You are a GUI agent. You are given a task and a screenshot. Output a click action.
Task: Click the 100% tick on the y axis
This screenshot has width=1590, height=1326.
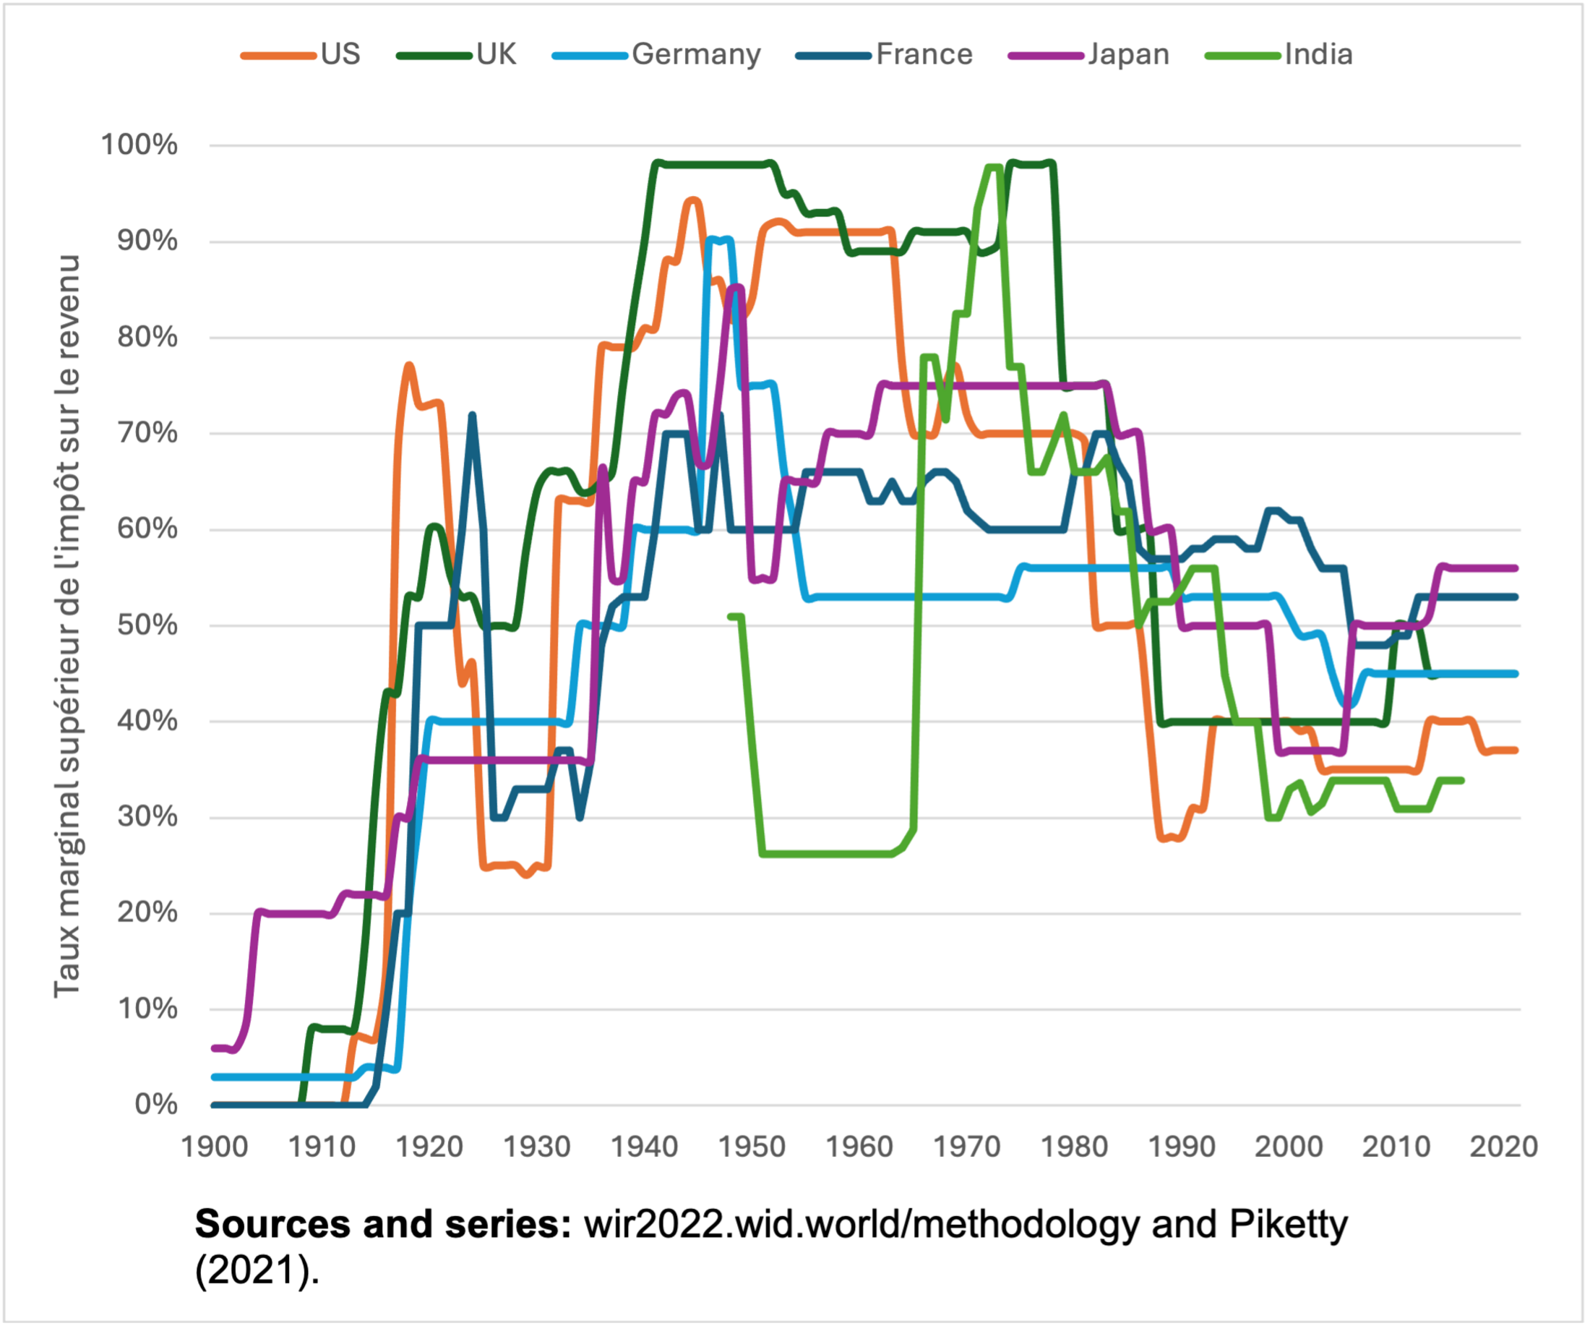click(x=140, y=145)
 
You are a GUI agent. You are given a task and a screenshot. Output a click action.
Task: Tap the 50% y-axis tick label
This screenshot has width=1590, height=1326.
click(x=147, y=625)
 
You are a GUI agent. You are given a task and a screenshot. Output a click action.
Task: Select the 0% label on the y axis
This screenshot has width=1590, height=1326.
click(x=156, y=1105)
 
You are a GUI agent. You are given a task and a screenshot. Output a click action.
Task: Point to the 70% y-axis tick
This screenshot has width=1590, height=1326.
click(x=147, y=433)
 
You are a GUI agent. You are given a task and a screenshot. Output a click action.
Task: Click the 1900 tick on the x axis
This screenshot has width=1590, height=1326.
click(x=214, y=1147)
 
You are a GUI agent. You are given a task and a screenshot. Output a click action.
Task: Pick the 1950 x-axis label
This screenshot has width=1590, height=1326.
click(x=752, y=1147)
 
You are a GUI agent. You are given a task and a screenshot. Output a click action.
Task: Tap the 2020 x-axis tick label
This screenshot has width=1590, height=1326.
click(x=1504, y=1147)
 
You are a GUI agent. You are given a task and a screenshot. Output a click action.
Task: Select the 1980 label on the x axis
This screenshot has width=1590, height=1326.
click(x=1075, y=1147)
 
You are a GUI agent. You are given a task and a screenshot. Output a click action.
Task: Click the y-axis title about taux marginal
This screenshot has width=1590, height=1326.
click(x=66, y=625)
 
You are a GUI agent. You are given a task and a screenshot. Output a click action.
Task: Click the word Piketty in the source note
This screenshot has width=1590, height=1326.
click(x=1288, y=1225)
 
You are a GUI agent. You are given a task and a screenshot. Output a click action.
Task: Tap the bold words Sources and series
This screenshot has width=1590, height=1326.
click(x=383, y=1225)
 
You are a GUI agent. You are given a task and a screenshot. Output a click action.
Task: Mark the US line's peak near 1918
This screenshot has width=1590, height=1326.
click(x=409, y=367)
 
